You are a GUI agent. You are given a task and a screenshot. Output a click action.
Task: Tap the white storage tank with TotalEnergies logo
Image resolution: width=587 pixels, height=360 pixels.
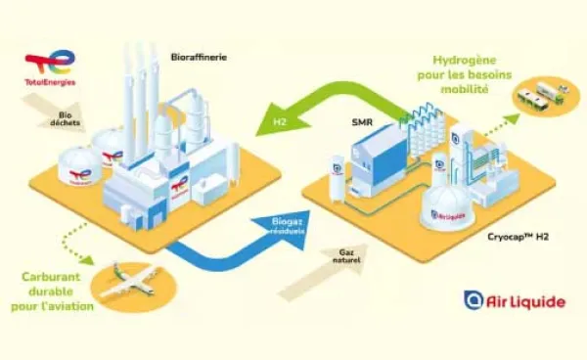(x=78, y=168)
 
